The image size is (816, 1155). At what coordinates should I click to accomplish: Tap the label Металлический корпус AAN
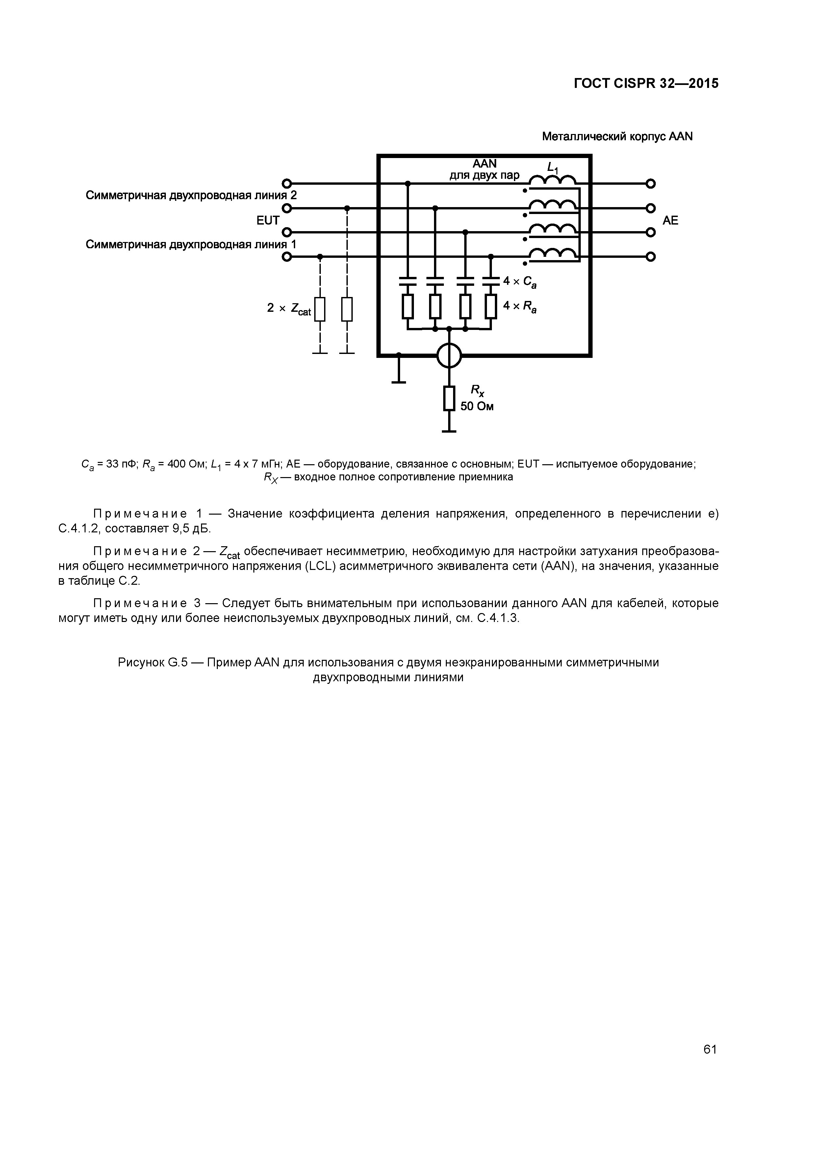coord(617,137)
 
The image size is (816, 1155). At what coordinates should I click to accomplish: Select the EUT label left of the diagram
coord(268,220)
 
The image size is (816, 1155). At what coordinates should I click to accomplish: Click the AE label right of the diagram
coord(670,220)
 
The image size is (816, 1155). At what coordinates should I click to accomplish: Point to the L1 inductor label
coord(552,168)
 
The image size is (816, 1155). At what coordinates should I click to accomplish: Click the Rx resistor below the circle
coord(449,398)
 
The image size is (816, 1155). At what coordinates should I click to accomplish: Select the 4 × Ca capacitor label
coord(520,282)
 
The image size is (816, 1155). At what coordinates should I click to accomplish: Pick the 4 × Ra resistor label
coord(520,306)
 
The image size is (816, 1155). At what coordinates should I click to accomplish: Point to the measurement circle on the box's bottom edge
coord(449,356)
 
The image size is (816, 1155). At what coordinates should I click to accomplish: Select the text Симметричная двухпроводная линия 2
coord(191,195)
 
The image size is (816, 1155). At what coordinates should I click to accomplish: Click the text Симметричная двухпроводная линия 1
coord(191,245)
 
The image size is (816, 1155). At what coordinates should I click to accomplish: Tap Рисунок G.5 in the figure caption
coord(153,662)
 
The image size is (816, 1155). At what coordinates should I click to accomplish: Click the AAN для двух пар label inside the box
coord(484,170)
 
